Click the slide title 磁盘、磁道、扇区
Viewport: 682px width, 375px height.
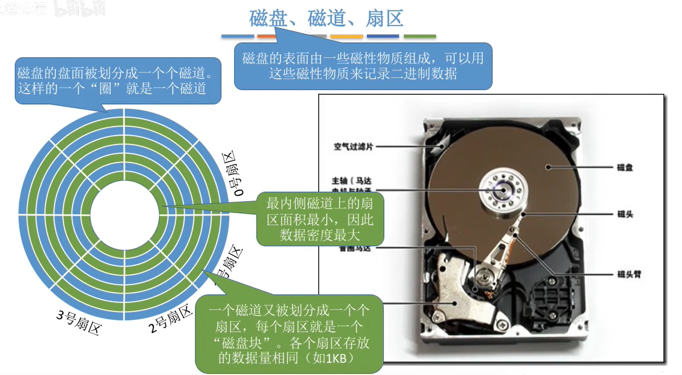[x=326, y=18]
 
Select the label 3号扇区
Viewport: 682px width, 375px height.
[x=79, y=322]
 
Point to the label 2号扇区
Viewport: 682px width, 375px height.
[x=171, y=319]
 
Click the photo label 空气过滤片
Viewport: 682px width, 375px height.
[x=353, y=146]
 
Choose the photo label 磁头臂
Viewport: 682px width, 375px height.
[x=629, y=274]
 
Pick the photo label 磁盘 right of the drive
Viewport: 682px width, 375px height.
[x=625, y=167]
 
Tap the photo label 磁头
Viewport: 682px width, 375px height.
[x=625, y=214]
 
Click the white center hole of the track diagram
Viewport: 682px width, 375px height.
[x=124, y=215]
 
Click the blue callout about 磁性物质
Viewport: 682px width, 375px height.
[x=363, y=66]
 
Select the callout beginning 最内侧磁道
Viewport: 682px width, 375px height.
[x=320, y=219]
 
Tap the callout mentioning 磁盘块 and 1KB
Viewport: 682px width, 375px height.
[x=289, y=334]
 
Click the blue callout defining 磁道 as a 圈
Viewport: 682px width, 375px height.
[x=117, y=81]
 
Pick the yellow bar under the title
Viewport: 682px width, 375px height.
[x=347, y=36]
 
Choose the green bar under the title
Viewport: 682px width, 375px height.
[x=420, y=36]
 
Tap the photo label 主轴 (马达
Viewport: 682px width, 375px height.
[x=351, y=181]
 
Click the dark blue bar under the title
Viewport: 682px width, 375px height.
[x=383, y=36]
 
